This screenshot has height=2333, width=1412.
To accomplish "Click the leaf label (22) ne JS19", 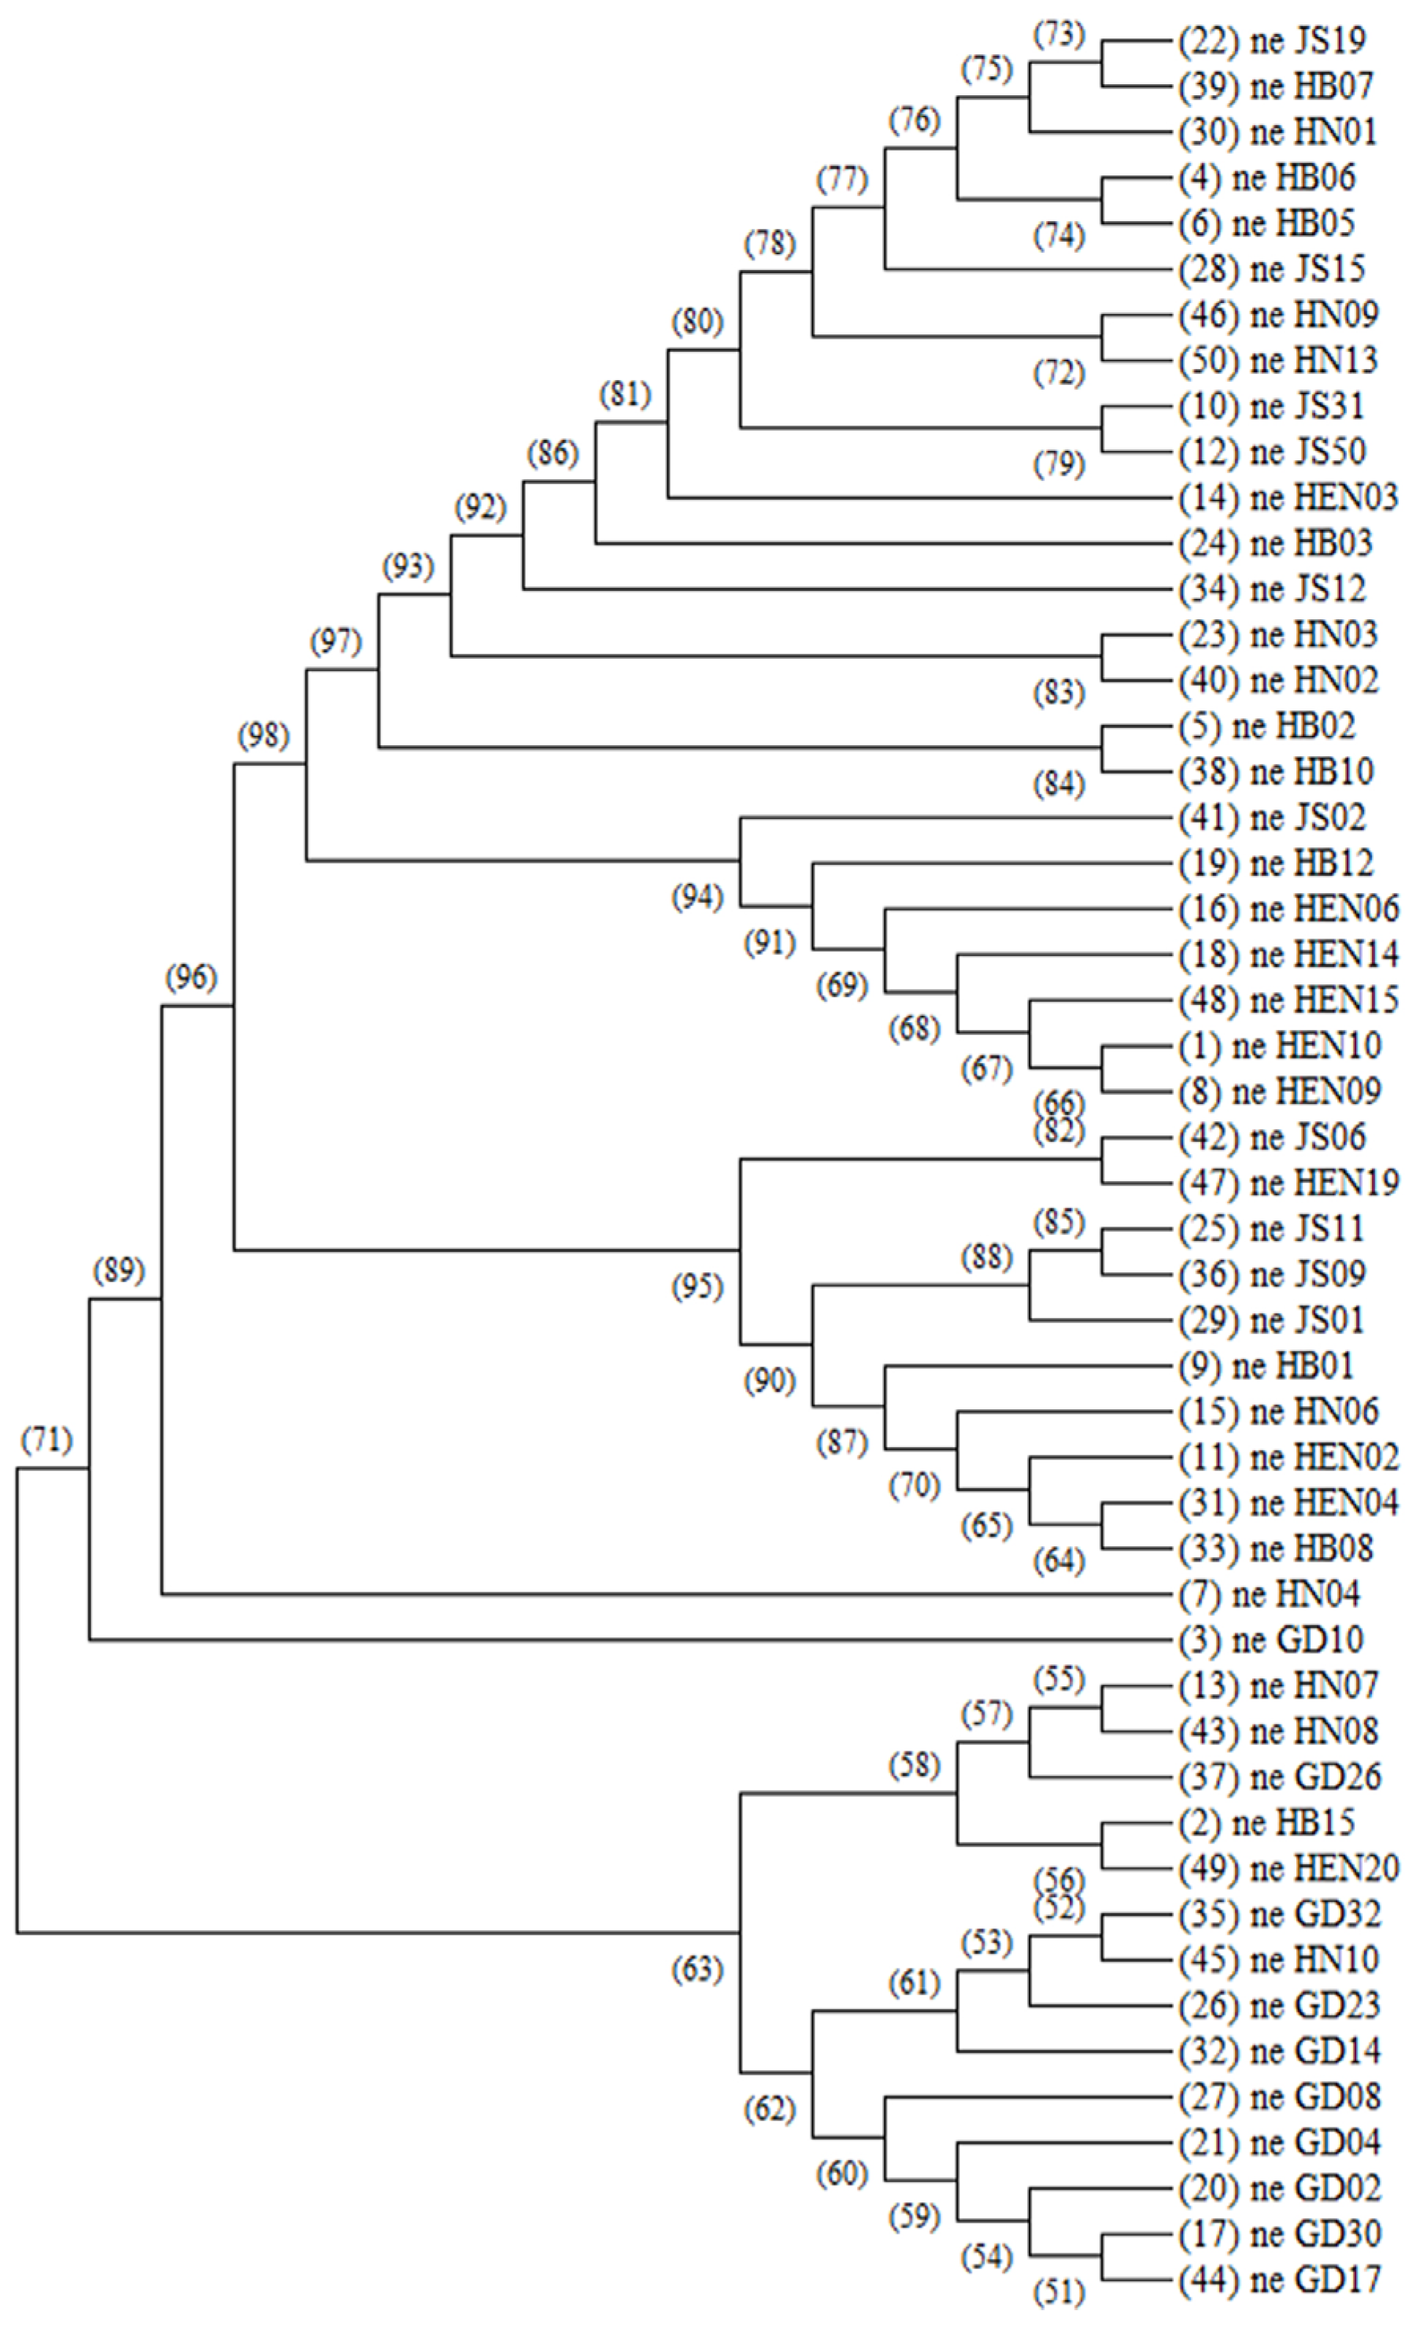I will (x=1272, y=41).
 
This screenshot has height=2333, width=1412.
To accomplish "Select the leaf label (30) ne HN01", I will (x=1277, y=131).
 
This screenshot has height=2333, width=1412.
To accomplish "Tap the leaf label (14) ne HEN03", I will (x=1288, y=497).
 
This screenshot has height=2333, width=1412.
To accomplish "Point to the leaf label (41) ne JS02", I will (x=1272, y=817).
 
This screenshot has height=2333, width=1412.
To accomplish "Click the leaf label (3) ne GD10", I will (x=1271, y=1641).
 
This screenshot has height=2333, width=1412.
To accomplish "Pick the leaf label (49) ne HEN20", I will (x=1288, y=1869).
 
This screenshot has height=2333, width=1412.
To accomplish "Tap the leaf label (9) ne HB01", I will (x=1266, y=1366).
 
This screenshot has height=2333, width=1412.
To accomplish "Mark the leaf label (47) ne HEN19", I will (x=1288, y=1183).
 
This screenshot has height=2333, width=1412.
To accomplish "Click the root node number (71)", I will (x=47, y=1440).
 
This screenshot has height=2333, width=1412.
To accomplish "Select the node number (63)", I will (x=697, y=1970).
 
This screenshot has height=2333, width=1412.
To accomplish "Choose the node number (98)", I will (x=263, y=736).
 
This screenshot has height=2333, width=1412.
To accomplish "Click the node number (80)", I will (x=697, y=322).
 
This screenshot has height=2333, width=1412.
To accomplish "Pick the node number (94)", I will (x=697, y=897).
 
